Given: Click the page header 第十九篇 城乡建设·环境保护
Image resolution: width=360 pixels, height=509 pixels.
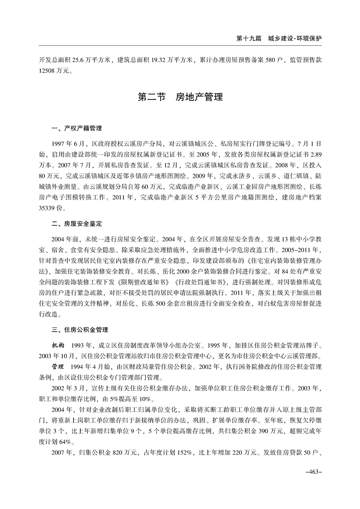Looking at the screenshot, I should pyautogui.click(x=279, y=39).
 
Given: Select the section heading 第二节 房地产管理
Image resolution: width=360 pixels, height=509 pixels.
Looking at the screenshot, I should pyautogui.click(x=180, y=97).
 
